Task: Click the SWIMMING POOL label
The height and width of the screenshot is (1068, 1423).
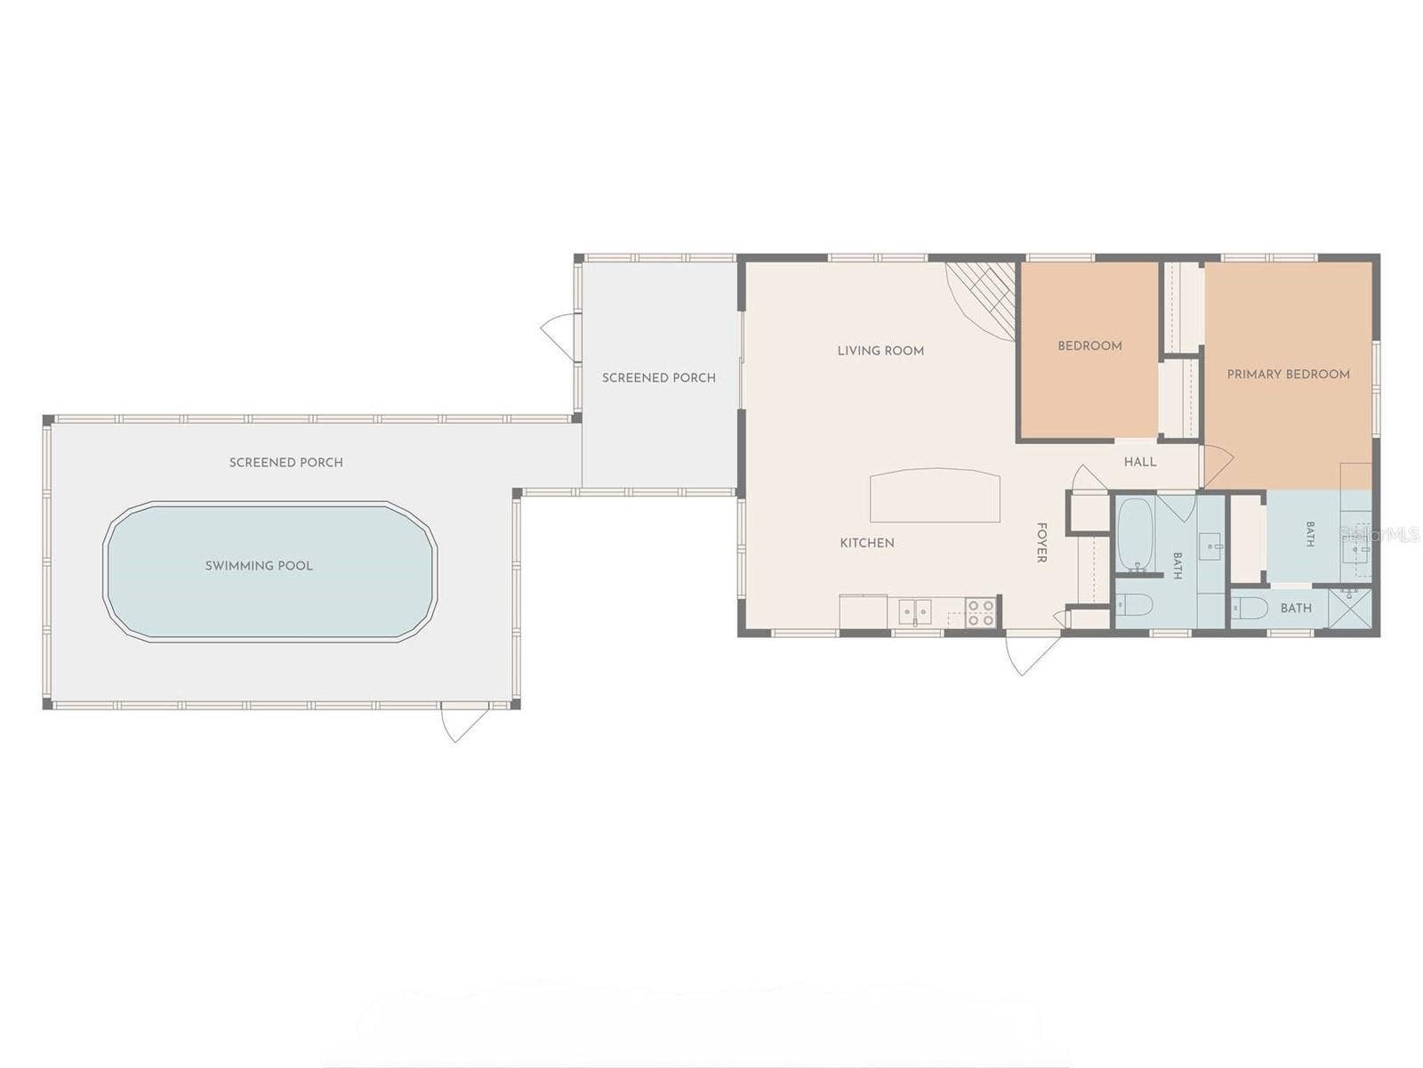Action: click(259, 565)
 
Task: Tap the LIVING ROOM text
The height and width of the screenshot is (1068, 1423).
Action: click(880, 351)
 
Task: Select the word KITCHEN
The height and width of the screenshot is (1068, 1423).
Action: click(867, 543)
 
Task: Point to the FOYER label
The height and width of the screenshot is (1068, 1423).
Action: click(1041, 542)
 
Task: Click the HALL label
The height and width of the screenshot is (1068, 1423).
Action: click(1139, 462)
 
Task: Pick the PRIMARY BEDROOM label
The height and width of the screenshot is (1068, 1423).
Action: click(1288, 374)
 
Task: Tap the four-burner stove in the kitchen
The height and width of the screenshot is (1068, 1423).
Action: click(980, 613)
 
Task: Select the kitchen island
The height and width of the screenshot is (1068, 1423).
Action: click(935, 495)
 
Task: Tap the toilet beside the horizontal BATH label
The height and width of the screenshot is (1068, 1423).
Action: click(1249, 608)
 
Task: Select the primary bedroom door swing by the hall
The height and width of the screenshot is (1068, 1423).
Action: click(1218, 465)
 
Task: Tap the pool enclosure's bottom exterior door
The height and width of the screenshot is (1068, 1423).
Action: click(464, 722)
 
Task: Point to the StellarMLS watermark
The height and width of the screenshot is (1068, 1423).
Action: click(1380, 534)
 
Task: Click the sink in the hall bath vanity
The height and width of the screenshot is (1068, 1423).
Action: click(1211, 546)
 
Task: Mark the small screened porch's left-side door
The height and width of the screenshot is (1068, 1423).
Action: click(557, 336)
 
